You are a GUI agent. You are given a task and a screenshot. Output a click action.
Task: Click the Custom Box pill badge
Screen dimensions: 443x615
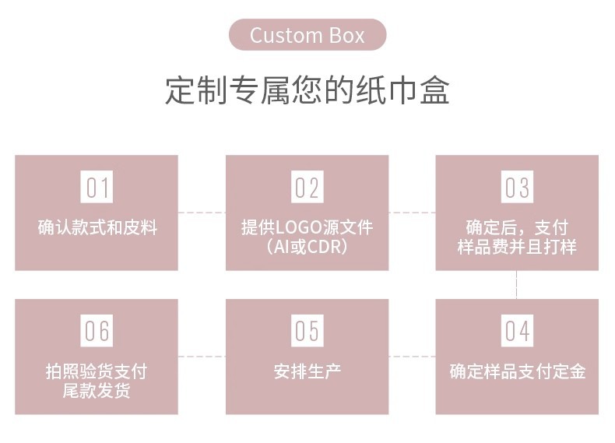pos(307,35)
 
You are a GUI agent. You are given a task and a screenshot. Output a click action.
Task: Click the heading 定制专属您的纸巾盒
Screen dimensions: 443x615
pos(307,91)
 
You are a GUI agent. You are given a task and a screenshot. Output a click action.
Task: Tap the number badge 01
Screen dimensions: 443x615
pos(97,188)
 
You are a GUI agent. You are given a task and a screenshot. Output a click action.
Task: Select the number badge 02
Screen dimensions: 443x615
pos(307,188)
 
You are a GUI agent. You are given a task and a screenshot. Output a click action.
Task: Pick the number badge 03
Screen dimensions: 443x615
pos(517,188)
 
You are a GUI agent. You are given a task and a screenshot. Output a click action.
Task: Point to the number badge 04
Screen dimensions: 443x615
pos(517,332)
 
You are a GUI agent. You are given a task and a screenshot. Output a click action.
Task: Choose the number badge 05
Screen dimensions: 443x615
pos(307,332)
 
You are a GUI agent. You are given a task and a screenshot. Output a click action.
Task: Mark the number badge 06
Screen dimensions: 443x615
pos(97,332)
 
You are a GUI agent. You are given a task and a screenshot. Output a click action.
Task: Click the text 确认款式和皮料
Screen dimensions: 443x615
pos(97,228)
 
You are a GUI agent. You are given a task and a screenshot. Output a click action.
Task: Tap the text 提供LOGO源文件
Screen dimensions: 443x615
pos(307,227)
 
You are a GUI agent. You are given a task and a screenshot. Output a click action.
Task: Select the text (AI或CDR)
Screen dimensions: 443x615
pos(307,247)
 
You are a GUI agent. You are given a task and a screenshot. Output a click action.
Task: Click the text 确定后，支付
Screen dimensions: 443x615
pos(517,227)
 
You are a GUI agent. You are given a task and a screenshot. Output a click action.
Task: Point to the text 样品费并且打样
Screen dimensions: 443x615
pos(517,247)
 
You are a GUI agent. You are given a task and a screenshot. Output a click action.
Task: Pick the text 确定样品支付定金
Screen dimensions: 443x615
pos(517,371)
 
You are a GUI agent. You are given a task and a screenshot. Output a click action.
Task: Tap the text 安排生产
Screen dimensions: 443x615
pos(307,371)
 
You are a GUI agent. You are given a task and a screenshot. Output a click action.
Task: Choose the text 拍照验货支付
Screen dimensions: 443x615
pos(97,371)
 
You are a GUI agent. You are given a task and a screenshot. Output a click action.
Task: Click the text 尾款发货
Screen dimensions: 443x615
pos(97,391)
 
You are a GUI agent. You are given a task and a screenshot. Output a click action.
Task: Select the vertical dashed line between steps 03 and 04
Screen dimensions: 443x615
pos(517,285)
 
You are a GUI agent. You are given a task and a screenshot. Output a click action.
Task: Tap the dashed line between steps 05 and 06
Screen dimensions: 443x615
pos(202,357)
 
